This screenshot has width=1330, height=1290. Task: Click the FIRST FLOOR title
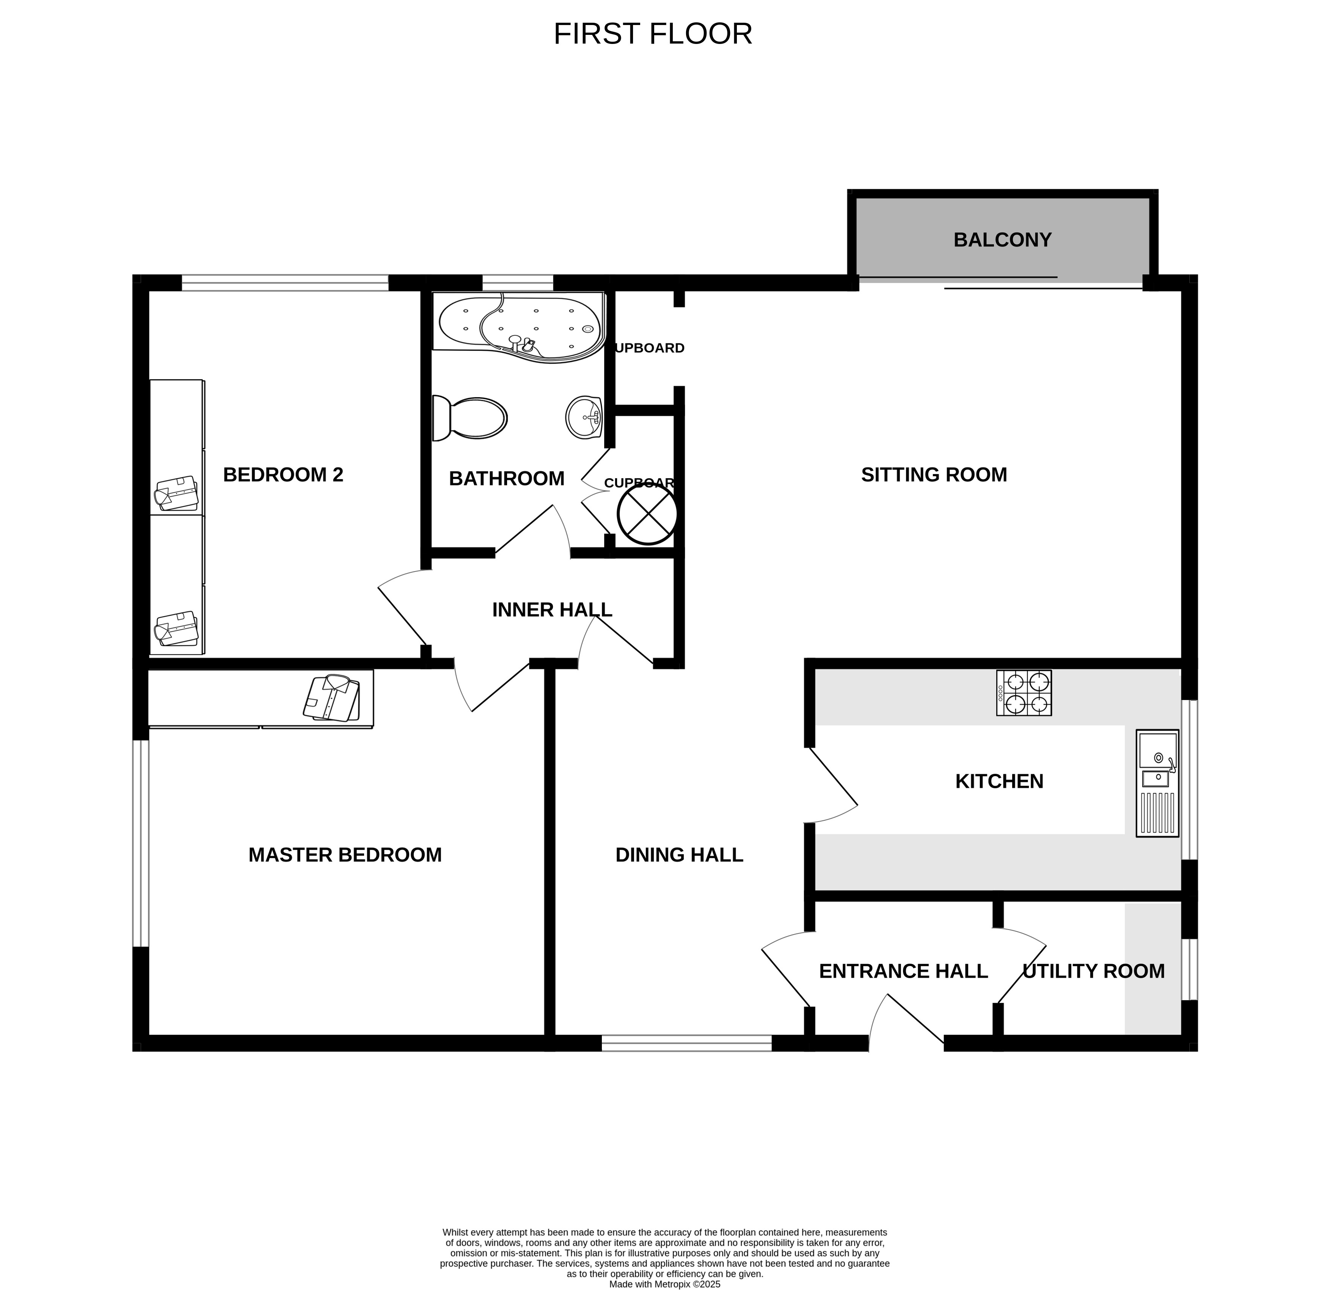click(652, 34)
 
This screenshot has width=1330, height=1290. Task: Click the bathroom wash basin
click(584, 417)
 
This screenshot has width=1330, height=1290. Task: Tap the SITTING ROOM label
click(934, 475)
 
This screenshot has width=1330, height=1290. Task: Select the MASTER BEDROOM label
click(345, 855)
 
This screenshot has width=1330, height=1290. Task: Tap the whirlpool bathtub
click(519, 324)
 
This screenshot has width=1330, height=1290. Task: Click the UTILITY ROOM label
click(1093, 971)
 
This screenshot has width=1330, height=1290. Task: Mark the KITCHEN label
click(999, 781)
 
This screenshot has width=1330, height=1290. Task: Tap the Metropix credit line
click(664, 1284)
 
